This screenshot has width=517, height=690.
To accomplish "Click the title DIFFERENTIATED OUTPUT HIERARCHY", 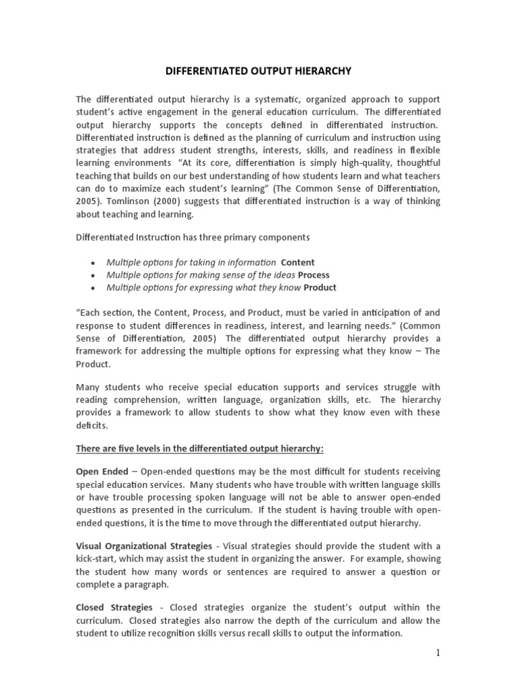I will tap(258, 69).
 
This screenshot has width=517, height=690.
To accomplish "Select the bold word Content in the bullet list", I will tap(298, 262).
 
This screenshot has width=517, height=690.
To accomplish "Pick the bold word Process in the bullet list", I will tap(314, 275).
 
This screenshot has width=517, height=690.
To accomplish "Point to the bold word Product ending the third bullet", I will tap(320, 288).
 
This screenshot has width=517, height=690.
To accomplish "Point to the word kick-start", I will tap(98, 559).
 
